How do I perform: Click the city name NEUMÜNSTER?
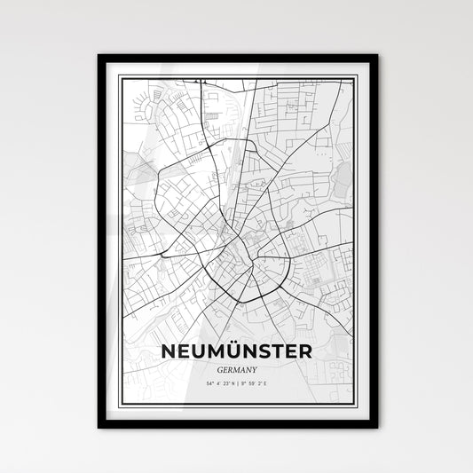tap(237, 327)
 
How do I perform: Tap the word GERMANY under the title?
tap(237, 346)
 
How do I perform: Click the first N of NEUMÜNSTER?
tap(168, 327)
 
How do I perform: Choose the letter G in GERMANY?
tap(218, 346)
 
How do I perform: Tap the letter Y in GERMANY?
tap(256, 346)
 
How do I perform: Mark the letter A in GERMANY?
tap(243, 346)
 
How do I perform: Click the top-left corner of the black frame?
tap(99, 56)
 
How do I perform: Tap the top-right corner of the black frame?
tap(376, 56)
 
